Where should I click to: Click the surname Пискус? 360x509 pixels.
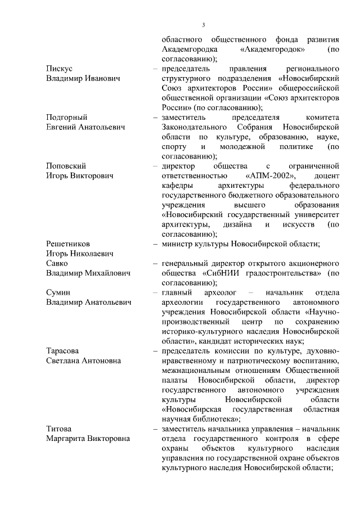[x=59, y=69]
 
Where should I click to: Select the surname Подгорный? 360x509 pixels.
[x=66, y=117]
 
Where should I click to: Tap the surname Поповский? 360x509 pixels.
[x=66, y=166]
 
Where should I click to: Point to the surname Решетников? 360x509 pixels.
[x=67, y=244]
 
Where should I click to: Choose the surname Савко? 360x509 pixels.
[x=57, y=263]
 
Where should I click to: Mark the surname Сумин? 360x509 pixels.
[x=58, y=292]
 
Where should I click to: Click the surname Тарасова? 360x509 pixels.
[x=62, y=350]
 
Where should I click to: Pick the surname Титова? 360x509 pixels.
[x=59, y=429]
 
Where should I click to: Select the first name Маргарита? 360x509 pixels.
[x=65, y=439]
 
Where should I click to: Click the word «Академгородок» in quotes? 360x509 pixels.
[x=272, y=49]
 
